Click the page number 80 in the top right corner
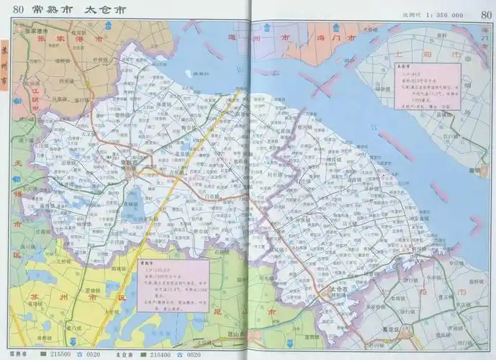pos(484,9)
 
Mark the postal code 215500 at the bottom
pos(60,355)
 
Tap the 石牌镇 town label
pos(220,252)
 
